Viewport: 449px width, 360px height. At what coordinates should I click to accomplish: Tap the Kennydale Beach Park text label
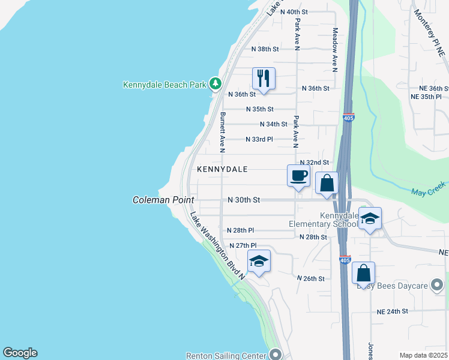click(x=164, y=85)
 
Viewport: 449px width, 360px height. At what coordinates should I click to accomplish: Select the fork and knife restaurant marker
click(x=264, y=78)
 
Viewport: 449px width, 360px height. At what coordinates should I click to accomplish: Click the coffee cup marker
click(x=299, y=176)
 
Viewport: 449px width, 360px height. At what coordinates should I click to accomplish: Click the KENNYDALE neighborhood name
click(x=222, y=170)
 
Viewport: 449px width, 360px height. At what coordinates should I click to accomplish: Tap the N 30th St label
click(x=243, y=200)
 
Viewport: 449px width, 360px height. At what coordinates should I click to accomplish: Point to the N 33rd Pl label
click(x=259, y=139)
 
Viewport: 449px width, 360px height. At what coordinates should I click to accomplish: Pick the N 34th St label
click(x=274, y=124)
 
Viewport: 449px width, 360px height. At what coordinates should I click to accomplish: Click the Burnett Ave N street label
click(x=222, y=132)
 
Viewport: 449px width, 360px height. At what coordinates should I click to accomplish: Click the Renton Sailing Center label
click(x=226, y=355)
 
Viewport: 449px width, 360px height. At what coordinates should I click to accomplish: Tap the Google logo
click(x=20, y=353)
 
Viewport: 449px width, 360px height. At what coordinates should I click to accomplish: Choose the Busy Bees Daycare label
click(x=392, y=286)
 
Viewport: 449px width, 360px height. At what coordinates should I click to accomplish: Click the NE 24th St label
click(x=392, y=311)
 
